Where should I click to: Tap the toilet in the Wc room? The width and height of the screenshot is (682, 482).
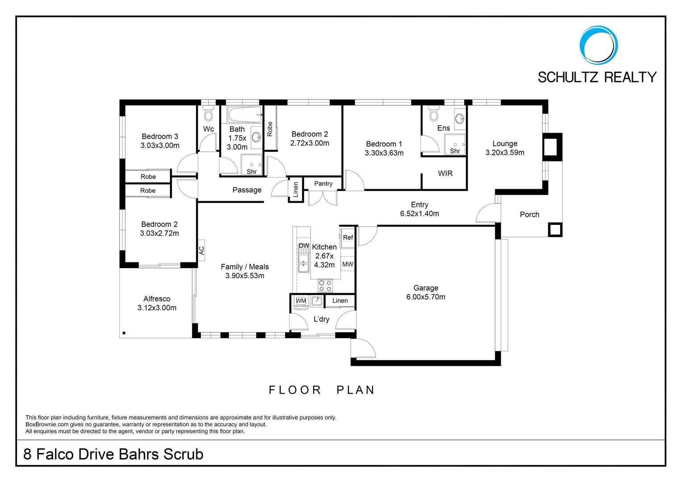coord(208,113)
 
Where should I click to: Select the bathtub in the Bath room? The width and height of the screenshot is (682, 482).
coord(245,115)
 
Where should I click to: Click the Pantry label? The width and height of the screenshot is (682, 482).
coord(323,183)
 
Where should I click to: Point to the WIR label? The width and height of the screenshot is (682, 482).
coord(445,173)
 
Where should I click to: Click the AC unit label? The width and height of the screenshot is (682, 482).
coord(201,250)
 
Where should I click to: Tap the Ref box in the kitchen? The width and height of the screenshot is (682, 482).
coord(348,237)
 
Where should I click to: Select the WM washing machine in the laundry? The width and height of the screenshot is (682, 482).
coord(301,301)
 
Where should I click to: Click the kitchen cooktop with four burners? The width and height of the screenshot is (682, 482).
coord(325,286)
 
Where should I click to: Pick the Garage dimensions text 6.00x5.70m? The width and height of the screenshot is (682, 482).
coord(426,297)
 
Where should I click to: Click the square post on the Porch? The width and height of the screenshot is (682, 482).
coord(555,230)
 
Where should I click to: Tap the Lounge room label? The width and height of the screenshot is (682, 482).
coord(505,143)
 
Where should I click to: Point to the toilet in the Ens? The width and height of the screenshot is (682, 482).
coord(433,113)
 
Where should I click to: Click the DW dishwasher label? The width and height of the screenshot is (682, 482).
coord(304,245)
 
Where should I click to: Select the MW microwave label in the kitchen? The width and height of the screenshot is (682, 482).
coord(348,264)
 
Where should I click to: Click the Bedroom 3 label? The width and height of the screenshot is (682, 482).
coord(160,137)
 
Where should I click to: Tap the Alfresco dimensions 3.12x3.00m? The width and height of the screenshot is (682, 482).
coord(157,308)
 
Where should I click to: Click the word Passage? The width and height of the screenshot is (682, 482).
coord(247,190)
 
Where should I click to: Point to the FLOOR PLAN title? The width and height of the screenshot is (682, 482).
coord(321,390)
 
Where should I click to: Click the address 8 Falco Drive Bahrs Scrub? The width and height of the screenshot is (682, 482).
coord(113,454)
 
